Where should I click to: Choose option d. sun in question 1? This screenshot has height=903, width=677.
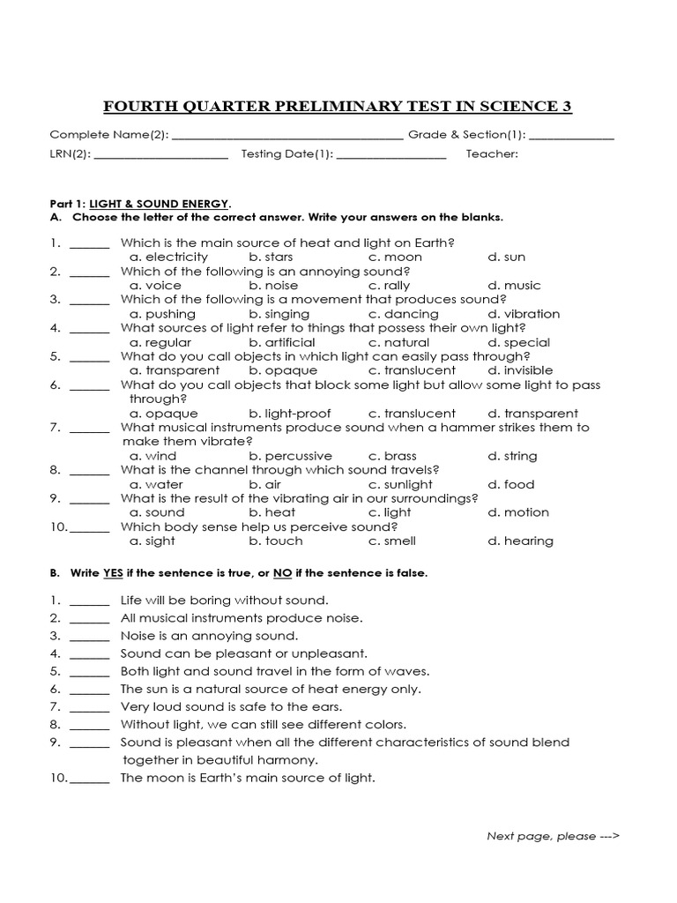coord(506,257)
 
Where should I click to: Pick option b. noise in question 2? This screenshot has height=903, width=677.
coord(273,286)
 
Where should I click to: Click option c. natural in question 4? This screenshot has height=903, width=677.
coord(399,342)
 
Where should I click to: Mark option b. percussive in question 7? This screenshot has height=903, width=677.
coord(290,456)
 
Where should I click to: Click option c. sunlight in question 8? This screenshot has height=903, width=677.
coord(401,484)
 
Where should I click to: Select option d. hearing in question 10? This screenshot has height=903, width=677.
coord(520,541)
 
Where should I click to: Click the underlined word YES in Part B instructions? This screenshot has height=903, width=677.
coord(113,573)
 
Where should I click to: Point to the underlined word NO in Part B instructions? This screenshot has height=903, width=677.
coord(282,573)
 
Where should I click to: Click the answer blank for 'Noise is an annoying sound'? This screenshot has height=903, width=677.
coord(89,636)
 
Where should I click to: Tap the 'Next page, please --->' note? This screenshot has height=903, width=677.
coord(554,836)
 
